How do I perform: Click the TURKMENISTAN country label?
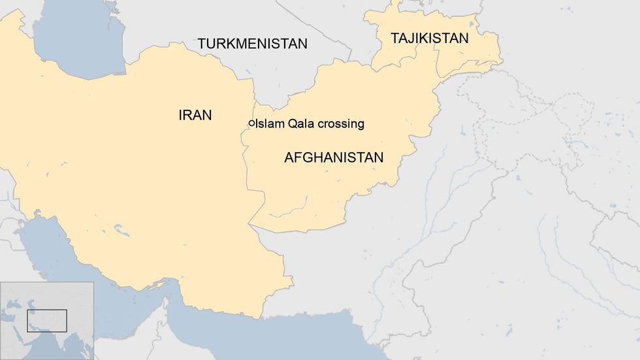252,44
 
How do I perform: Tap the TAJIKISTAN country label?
429,38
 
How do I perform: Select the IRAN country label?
195,115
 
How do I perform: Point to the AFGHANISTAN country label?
333,157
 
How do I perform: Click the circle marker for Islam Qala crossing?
251,123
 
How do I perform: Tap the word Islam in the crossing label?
269,123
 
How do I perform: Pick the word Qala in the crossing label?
298,123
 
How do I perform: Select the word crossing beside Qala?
338,124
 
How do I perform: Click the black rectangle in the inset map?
46,320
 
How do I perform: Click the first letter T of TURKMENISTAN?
202,44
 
